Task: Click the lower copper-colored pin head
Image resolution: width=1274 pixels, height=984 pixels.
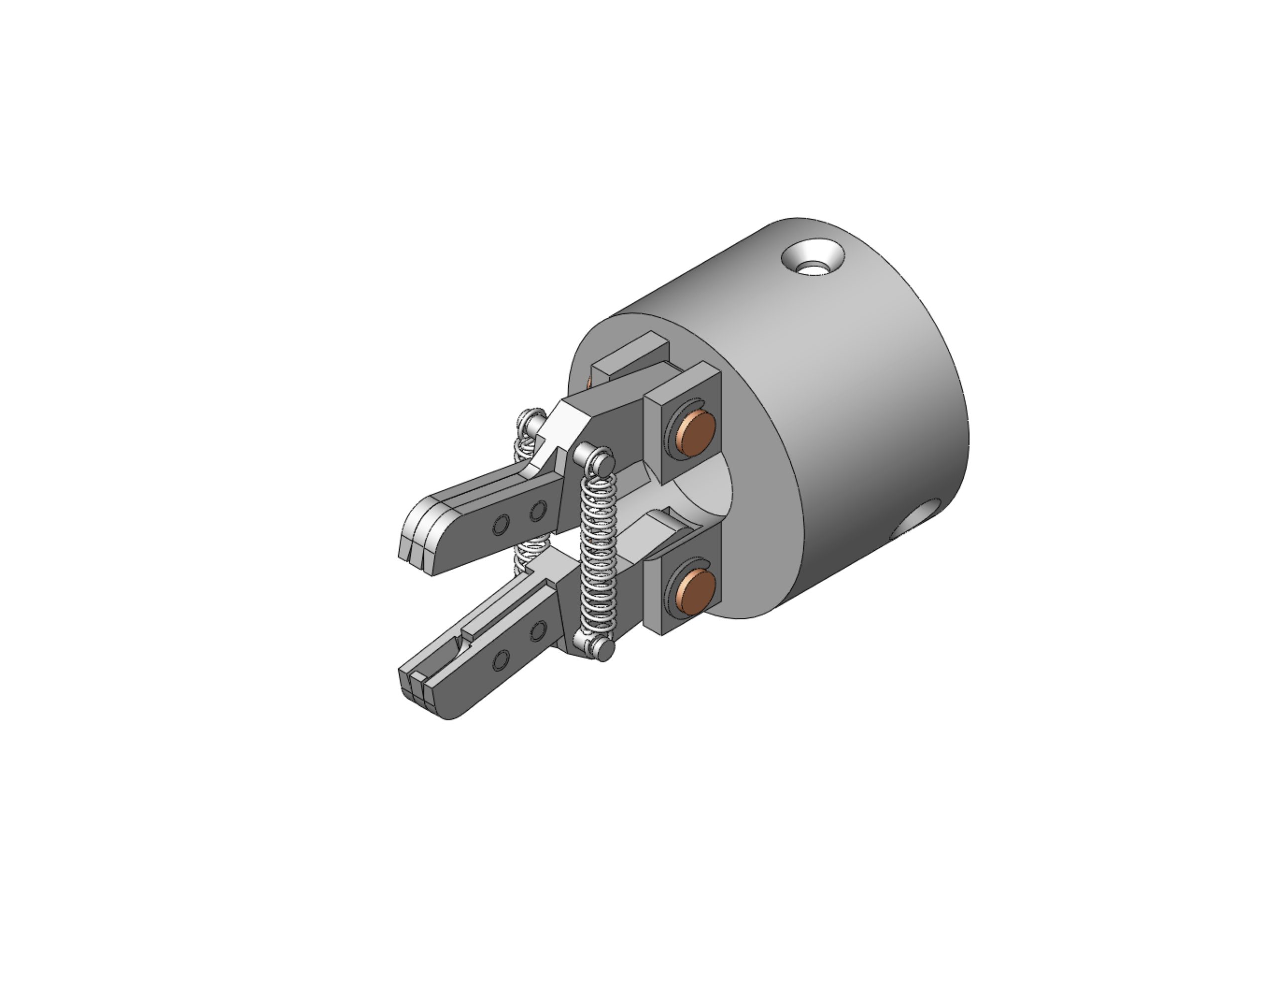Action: tap(697, 592)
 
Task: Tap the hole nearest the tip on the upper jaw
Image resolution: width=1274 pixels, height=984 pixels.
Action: tap(501, 525)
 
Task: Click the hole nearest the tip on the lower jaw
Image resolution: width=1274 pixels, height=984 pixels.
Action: tap(501, 660)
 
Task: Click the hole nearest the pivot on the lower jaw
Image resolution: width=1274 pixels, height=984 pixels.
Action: tap(538, 630)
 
